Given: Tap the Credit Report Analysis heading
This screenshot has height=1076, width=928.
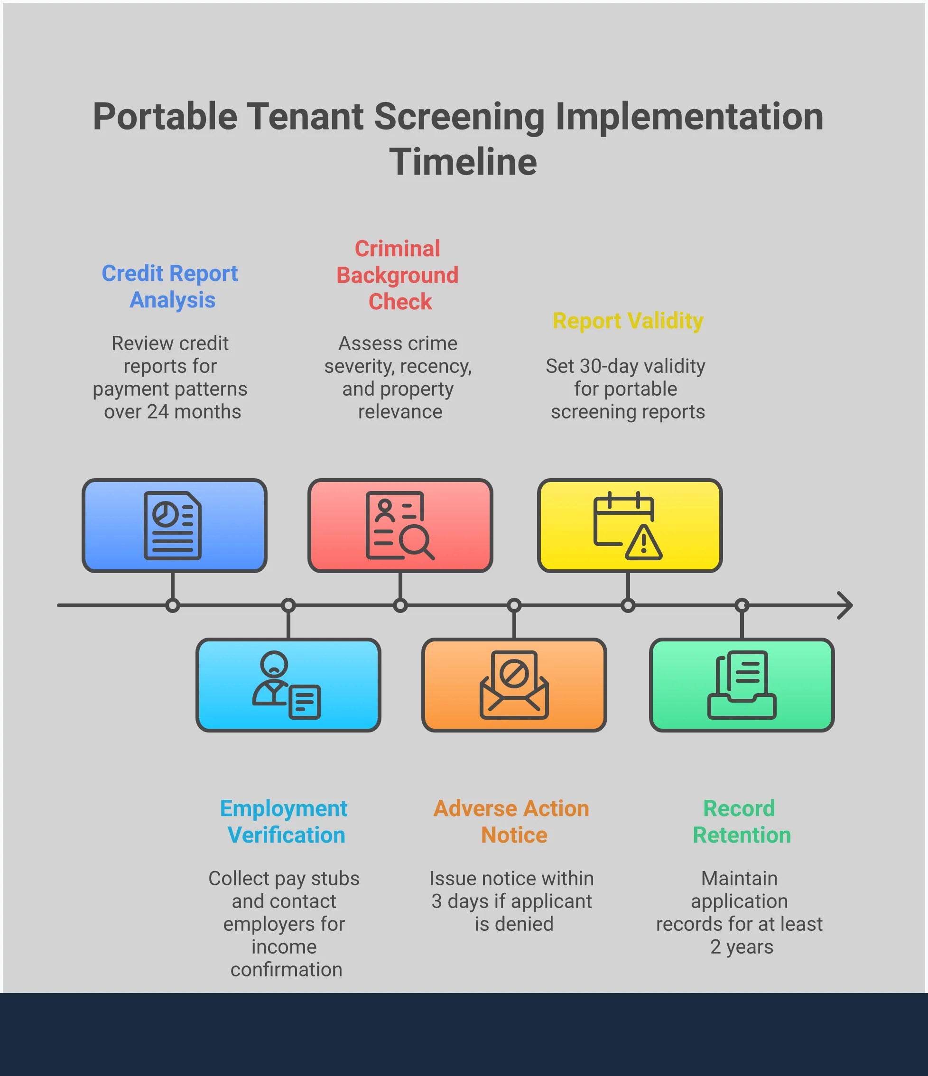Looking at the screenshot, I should [x=170, y=287].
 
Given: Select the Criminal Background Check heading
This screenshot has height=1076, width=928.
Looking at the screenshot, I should [x=398, y=275].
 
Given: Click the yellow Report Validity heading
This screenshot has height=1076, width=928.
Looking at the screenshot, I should [x=628, y=321].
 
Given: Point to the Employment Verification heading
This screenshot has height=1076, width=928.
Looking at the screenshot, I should [x=284, y=822].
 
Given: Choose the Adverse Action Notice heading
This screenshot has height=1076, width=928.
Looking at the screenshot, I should [x=511, y=822].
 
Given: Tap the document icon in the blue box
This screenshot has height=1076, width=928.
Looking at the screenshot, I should [x=172, y=525].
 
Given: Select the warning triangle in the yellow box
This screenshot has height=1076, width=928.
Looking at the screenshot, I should [x=643, y=544].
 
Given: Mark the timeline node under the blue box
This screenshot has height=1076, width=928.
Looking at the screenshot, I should [x=172, y=605].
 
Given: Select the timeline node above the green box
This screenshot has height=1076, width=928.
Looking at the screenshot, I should [x=742, y=605].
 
